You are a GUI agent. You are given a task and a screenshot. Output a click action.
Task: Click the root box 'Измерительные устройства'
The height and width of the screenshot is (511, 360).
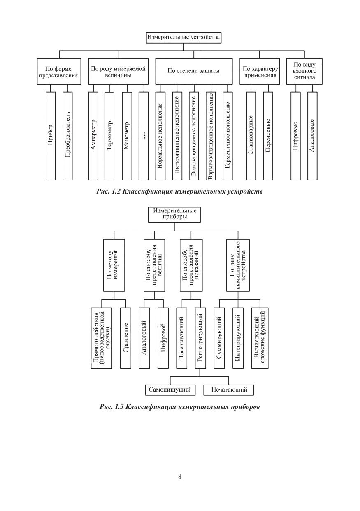pyautogui.click(x=184, y=37)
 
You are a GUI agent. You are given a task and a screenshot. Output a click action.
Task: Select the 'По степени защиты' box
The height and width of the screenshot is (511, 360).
pyautogui.click(x=193, y=71)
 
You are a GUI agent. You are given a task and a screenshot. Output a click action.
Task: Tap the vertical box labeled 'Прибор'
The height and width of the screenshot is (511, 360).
pyautogui.click(x=51, y=135)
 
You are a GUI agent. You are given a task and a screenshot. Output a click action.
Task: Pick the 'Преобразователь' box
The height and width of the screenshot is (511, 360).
pyautogui.click(x=67, y=135)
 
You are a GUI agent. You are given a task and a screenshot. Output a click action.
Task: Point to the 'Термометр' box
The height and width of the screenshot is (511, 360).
pyautogui.click(x=109, y=135)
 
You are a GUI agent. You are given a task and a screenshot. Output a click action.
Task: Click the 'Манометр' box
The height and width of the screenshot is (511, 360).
pyautogui.click(x=127, y=135)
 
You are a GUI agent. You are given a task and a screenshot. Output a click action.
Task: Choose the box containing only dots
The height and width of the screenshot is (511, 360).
pyautogui.click(x=144, y=135)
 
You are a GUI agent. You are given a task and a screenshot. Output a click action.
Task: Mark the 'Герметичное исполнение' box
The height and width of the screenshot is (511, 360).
pyautogui.click(x=228, y=135)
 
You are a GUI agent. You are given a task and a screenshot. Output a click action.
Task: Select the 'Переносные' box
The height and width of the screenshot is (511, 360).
pyautogui.click(x=268, y=135)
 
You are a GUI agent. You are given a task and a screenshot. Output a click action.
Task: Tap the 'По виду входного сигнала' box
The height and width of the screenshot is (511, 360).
pyautogui.click(x=304, y=71)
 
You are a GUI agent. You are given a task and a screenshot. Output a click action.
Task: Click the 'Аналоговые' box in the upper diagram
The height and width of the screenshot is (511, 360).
pyautogui.click(x=312, y=135)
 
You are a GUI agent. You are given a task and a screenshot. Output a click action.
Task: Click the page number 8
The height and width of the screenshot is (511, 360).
pyautogui.click(x=180, y=477)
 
